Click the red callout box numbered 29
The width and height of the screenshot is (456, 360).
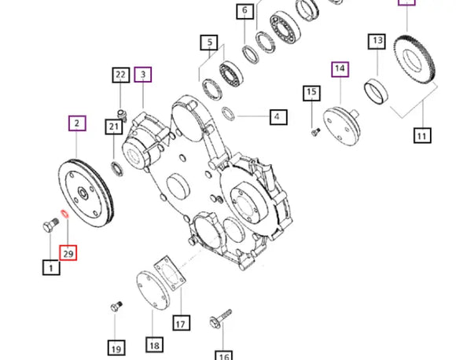68,252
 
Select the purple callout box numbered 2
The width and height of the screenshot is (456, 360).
77,123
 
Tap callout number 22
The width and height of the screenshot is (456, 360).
121,75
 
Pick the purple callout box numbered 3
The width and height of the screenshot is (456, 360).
142,75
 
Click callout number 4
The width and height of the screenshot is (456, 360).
278,117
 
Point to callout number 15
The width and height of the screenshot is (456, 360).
311,93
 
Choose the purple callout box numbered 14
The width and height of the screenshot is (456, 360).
340,69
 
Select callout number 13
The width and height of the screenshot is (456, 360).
377,42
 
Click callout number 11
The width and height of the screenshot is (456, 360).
422,135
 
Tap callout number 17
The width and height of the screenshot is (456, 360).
181,323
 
